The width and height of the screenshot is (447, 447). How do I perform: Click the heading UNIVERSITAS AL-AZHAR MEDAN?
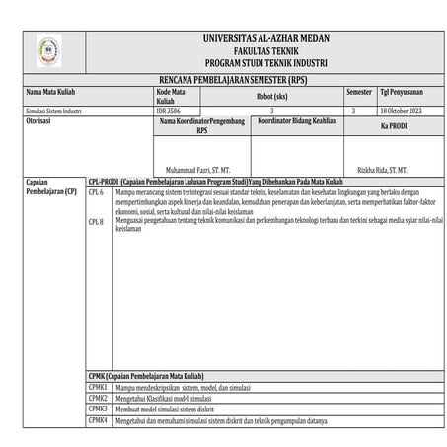265,38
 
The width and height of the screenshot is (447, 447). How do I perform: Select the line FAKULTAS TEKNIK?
265,49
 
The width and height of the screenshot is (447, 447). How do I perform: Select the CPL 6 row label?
96,193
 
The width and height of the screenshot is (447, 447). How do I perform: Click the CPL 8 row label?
96,222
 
